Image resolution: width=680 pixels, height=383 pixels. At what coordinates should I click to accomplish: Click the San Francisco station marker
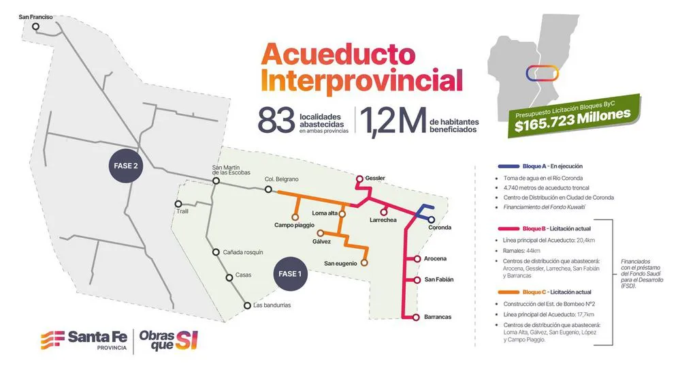[x=35, y=27]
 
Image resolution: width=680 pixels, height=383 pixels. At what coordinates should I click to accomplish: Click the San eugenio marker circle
[x=364, y=262]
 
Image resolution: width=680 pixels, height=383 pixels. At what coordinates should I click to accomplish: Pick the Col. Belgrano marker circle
[x=268, y=189]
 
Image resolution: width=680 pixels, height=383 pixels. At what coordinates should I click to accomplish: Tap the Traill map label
[x=182, y=211]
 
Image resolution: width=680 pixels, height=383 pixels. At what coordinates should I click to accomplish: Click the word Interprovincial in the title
[x=361, y=80]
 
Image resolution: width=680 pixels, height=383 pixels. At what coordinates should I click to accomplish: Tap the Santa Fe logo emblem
[x=53, y=339]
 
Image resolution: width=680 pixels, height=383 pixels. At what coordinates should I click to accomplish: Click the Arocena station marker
[x=417, y=259]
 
